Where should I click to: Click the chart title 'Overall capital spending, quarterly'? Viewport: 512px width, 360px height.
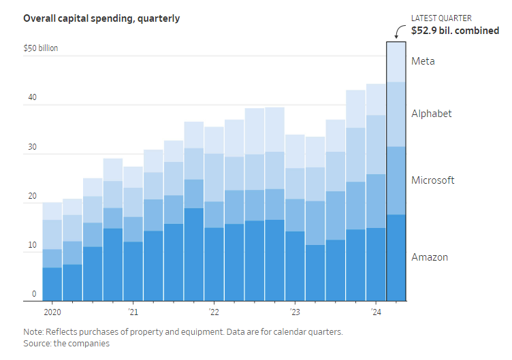click(101, 18)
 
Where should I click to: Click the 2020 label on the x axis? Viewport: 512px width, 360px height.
click(52, 312)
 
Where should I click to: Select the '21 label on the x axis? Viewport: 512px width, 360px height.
click(133, 312)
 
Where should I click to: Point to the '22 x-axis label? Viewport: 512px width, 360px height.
click(214, 312)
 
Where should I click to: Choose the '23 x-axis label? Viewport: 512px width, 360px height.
click(295, 312)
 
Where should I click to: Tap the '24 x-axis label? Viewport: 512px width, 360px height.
click(376, 312)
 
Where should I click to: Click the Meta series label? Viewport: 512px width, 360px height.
click(423, 61)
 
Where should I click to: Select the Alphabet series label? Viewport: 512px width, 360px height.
click(432, 114)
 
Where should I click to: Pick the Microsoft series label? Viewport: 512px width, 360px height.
click(433, 180)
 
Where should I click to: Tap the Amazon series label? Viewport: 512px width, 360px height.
click(430, 257)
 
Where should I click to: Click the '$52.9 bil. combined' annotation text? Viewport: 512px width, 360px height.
click(455, 31)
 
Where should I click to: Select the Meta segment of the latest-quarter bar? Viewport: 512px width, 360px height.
click(396, 62)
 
